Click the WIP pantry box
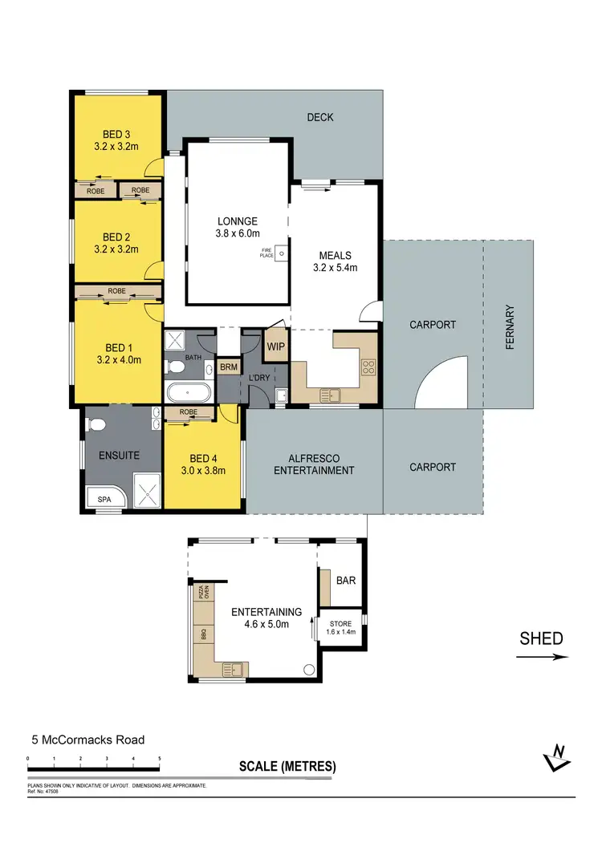coord(275,346)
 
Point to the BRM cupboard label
coord(229,367)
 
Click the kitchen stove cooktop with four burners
coord(369,367)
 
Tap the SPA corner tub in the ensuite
coord(106,498)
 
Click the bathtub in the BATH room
coord(189,394)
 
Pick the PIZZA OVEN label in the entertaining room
coord(204,593)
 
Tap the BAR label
coord(346,581)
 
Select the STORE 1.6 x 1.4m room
coord(340,627)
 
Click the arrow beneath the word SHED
coord(542,657)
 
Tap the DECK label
coord(320,118)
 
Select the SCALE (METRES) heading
coord(287,766)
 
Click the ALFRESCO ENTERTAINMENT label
coord(314,464)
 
